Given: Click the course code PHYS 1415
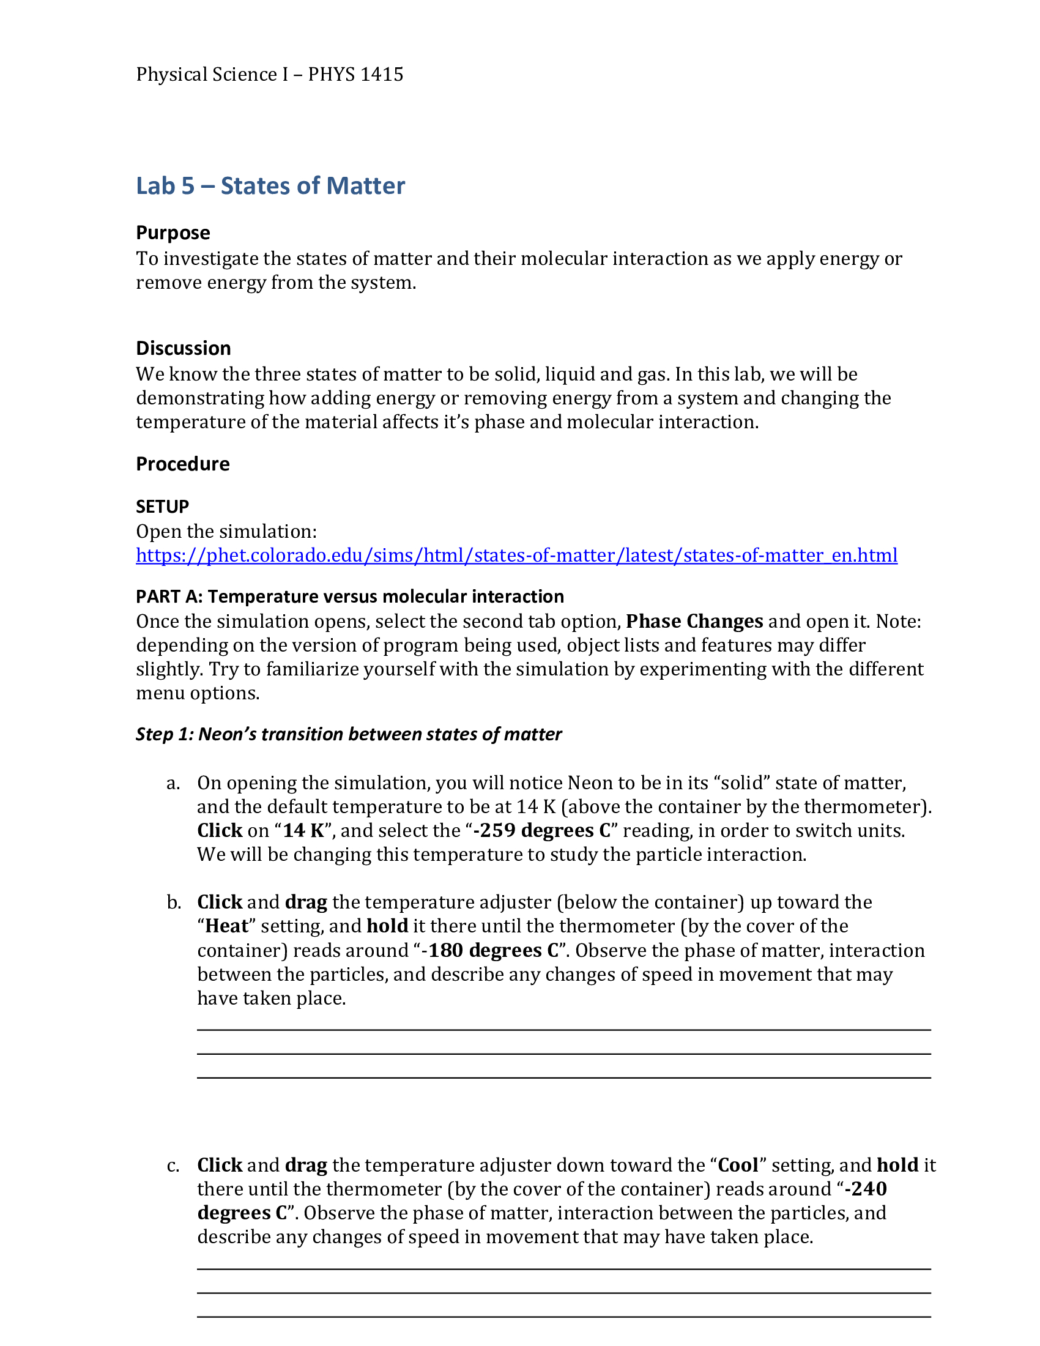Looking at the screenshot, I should tap(355, 75).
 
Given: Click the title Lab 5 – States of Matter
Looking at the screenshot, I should tap(270, 186).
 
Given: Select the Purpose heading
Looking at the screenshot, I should tap(173, 233).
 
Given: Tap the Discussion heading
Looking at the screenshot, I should tap(184, 349).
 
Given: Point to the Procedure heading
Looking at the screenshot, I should tap(183, 464).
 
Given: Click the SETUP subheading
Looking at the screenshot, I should tap(163, 507).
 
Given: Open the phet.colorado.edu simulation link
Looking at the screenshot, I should tap(516, 556).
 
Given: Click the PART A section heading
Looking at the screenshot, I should tap(350, 597).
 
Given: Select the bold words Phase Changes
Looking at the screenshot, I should tap(694, 621).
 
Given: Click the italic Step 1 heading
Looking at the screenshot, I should tap(349, 735).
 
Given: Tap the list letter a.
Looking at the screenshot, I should tap(173, 783).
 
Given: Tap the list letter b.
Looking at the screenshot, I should tap(174, 903).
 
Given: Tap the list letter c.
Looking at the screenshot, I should tap(173, 1166).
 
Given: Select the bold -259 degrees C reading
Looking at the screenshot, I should tap(541, 831).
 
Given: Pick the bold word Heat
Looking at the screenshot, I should tap(227, 926).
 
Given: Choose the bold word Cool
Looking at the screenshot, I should tap(738, 1166).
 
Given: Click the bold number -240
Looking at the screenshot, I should tap(866, 1189).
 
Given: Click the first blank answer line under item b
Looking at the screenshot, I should tap(564, 1029).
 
